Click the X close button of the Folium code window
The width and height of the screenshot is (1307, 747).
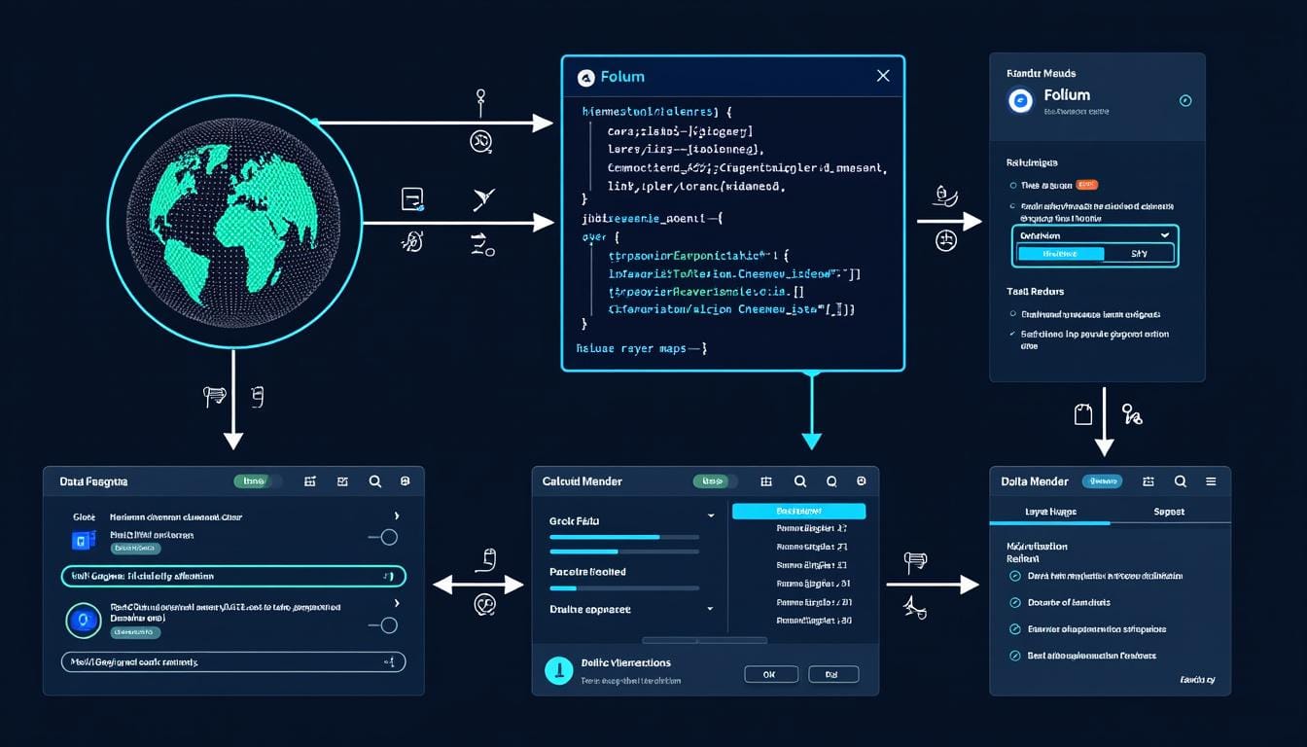tap(882, 76)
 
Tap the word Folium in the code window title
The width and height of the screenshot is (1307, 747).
tap(622, 77)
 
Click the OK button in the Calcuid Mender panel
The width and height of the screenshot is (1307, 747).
tap(770, 674)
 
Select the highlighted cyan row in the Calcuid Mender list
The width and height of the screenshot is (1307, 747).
tap(798, 511)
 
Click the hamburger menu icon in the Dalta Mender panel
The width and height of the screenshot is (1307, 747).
tap(1211, 481)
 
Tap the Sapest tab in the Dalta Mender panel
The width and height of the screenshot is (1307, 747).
tap(1169, 512)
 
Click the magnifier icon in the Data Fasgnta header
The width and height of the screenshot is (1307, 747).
tap(374, 481)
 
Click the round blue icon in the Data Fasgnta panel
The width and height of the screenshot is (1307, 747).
tap(82, 620)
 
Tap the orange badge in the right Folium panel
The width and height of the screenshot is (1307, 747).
tap(1087, 185)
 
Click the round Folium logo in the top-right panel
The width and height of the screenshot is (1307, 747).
tap(1020, 100)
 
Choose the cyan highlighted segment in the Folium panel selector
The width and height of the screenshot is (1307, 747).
tap(1060, 254)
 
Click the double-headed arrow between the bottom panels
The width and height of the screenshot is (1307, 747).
tap(477, 585)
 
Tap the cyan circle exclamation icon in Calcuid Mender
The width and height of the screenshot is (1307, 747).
tap(559, 670)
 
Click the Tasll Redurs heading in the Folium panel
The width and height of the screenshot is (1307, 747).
tap(1035, 292)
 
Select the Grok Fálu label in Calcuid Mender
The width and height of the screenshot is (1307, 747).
tap(574, 521)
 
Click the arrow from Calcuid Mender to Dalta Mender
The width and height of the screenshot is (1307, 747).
tap(932, 585)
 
